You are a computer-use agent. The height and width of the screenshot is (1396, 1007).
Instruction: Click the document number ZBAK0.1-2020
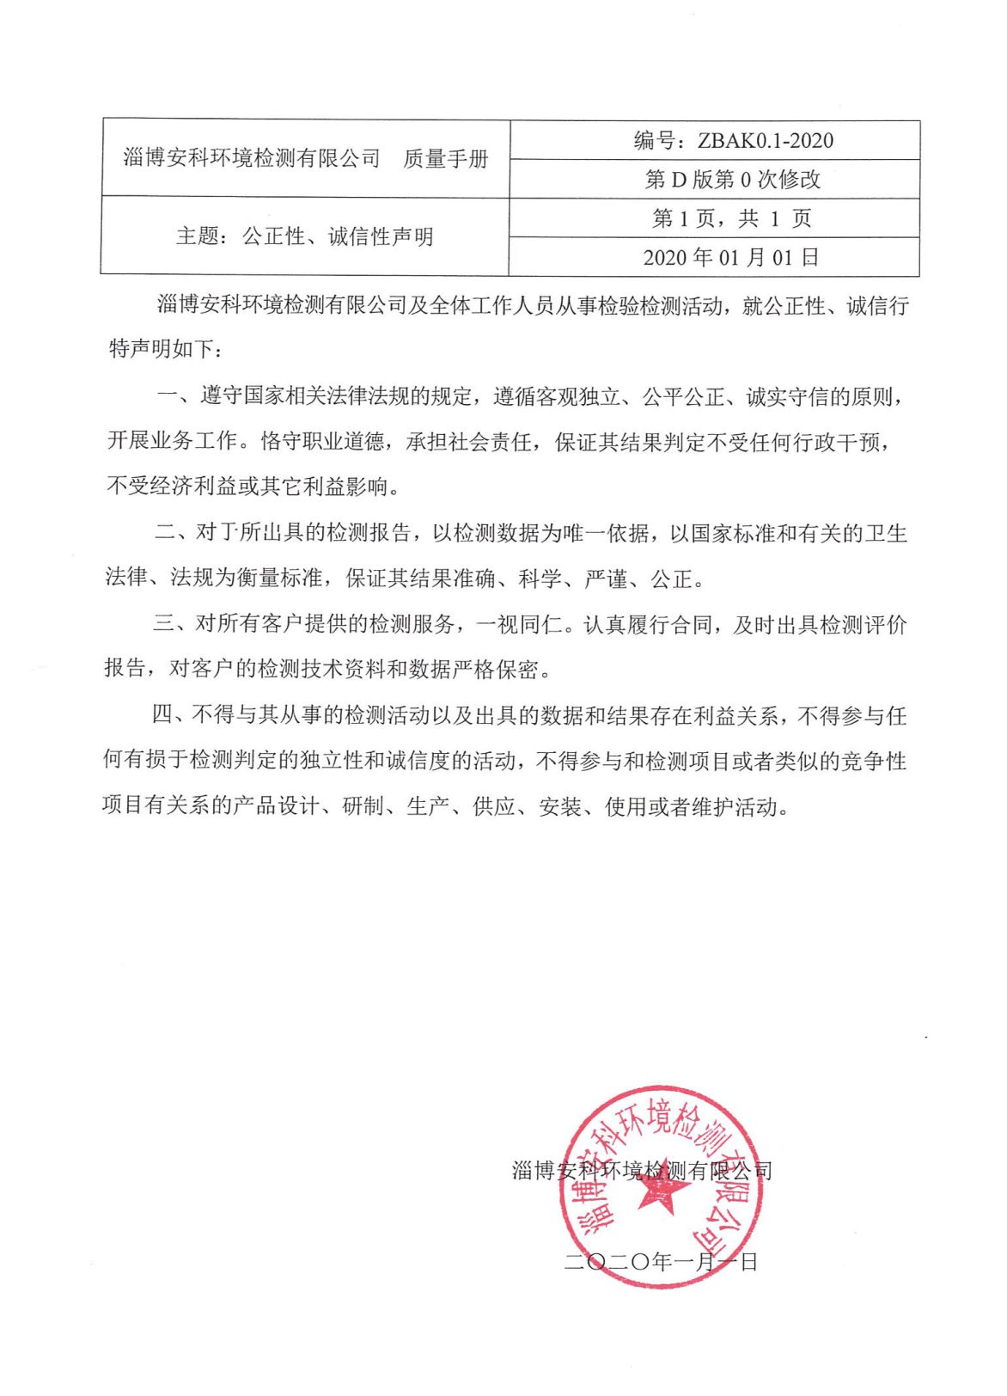(765, 141)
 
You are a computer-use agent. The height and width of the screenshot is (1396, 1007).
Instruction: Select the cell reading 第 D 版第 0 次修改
(733, 180)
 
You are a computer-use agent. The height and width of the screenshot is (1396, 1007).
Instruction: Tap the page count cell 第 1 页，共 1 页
(732, 218)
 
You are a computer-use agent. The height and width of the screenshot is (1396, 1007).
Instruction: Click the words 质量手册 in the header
(445, 159)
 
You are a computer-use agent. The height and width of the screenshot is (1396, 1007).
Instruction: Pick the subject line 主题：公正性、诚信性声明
(305, 236)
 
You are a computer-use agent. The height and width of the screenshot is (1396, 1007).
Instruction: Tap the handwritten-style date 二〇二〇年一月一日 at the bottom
(661, 1262)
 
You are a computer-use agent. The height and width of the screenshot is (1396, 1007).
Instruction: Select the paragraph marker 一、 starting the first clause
(177, 397)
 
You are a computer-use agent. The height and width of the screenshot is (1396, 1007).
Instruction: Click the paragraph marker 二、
(175, 533)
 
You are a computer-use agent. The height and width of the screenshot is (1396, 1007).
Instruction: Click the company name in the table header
(252, 159)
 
